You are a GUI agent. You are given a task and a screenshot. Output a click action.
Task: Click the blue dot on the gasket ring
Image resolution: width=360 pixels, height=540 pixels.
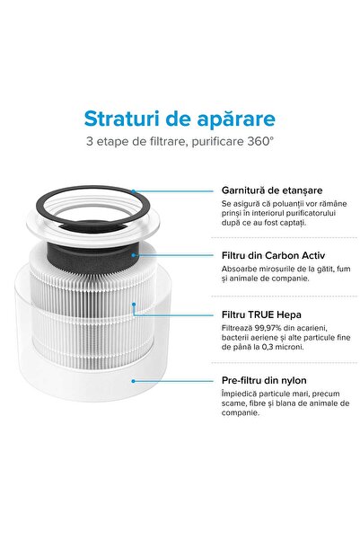(134, 190)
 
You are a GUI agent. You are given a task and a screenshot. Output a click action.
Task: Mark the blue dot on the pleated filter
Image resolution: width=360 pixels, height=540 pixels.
(134, 305)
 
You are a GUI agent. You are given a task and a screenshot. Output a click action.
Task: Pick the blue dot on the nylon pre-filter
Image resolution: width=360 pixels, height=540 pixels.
(134, 381)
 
